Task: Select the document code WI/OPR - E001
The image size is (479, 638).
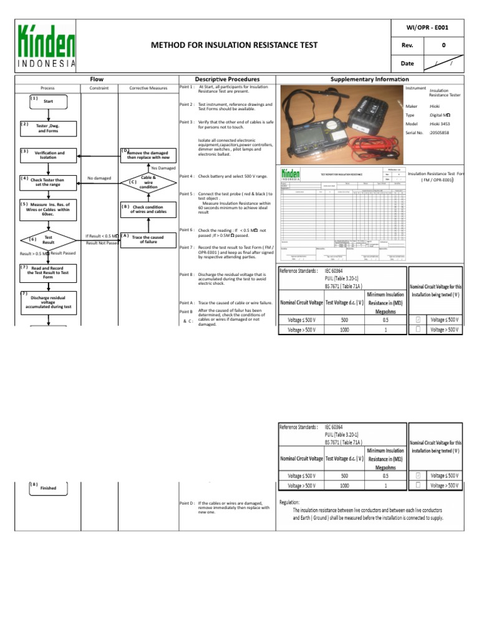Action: tap(427, 27)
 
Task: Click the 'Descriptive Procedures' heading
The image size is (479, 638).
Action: tap(227, 80)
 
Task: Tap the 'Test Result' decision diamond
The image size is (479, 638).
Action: tap(49, 240)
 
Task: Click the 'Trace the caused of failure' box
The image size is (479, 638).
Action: tap(148, 240)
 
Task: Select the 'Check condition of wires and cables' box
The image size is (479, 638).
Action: tap(148, 209)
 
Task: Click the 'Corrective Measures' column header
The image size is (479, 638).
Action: tap(148, 88)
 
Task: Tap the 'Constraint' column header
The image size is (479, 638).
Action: tap(99, 88)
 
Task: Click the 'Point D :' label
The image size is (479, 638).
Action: tap(187, 503)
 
